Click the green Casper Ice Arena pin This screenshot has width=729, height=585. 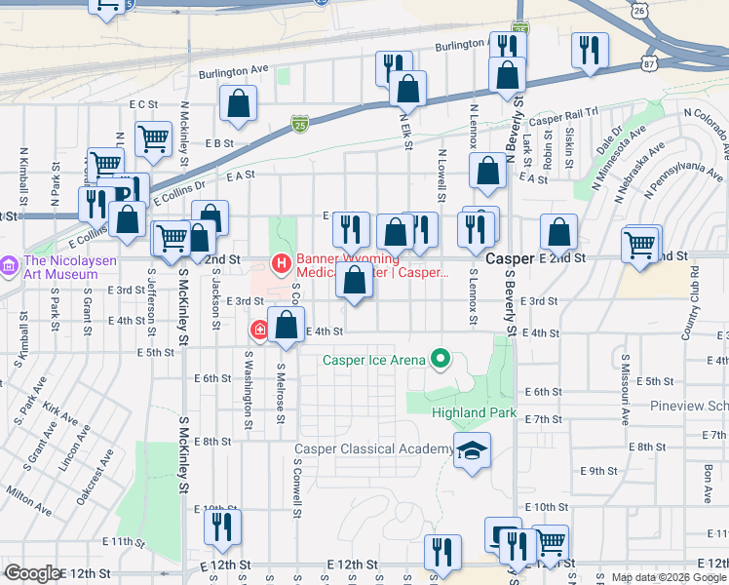[x=441, y=360]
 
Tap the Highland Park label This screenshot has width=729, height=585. [x=475, y=413]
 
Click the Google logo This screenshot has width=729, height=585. [x=32, y=573]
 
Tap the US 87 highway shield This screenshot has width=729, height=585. [x=648, y=62]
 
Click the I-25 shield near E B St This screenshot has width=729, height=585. [x=300, y=124]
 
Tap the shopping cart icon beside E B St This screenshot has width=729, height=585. [x=153, y=139]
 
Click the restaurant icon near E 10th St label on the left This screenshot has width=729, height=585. [x=222, y=526]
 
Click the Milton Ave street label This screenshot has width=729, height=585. [x=30, y=500]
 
